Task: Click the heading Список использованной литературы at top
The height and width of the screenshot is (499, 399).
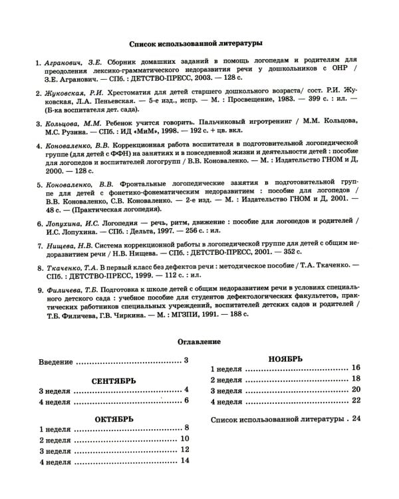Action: (199, 42)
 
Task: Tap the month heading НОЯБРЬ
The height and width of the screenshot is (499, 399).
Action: (285, 359)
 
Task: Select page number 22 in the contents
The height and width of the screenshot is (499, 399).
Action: (356, 401)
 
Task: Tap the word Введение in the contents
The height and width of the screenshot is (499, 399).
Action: (55, 361)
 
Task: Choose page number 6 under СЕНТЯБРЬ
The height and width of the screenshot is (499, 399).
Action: (187, 401)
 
